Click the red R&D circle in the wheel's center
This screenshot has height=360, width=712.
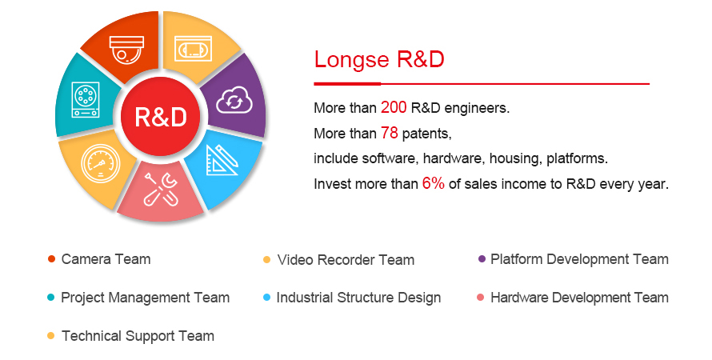coord(161,116)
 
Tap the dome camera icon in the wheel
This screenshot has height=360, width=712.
coord(126,49)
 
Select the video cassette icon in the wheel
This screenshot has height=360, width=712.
coord(194,49)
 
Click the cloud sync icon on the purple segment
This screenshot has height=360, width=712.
coord(234,100)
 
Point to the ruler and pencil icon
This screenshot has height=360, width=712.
coord(222,160)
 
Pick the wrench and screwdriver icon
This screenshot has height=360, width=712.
coord(160,190)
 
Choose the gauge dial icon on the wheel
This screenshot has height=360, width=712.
coord(100,164)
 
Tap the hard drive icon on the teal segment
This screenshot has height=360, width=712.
coord(86,100)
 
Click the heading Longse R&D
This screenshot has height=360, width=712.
coord(379,59)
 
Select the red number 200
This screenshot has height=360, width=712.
coord(394,107)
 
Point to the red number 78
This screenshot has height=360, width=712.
coord(389,133)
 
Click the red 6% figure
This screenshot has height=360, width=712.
coord(433,183)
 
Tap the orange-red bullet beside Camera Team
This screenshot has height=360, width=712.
coord(51,259)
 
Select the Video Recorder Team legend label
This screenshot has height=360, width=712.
coord(346,260)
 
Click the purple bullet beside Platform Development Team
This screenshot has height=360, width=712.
coord(482,259)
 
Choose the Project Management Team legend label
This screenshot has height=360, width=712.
coord(146,298)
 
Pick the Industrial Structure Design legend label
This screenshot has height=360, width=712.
coord(358,298)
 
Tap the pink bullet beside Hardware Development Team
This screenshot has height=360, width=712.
coord(481,298)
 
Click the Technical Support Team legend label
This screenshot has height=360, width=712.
coord(138,336)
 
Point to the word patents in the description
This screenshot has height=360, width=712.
coord(427,134)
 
